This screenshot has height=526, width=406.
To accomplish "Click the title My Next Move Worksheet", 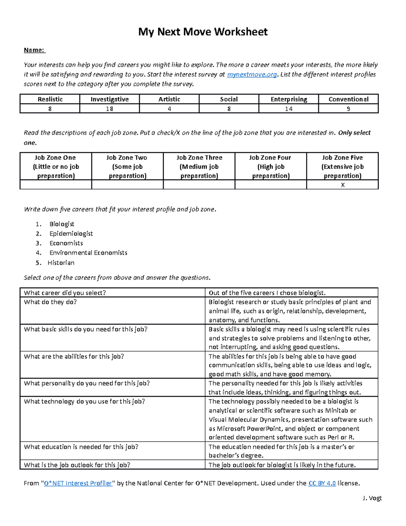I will (x=203, y=32).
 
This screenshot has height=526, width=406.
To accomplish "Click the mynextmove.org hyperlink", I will (x=252, y=75).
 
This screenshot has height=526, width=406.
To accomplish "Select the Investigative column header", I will (x=110, y=99).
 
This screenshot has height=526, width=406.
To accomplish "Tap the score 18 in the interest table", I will (x=109, y=109).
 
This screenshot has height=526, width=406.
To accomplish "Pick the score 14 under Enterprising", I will (x=288, y=109).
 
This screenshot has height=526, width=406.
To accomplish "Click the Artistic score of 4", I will (x=169, y=109).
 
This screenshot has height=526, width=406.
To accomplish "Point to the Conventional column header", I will (x=348, y=99).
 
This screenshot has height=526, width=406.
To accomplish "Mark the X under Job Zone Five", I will (x=343, y=185).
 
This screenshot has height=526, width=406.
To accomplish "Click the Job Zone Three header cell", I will (x=199, y=166).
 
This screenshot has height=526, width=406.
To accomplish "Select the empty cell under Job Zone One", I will (x=56, y=185).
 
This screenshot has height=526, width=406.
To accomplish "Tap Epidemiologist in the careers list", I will (x=71, y=234).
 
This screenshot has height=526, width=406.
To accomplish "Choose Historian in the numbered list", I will (x=61, y=263).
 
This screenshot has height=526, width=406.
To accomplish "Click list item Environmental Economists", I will (x=88, y=253).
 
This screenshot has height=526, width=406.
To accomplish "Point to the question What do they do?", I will (x=50, y=302).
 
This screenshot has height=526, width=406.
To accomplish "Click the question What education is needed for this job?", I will (x=81, y=447).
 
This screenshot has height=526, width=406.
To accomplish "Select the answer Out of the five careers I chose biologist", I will (x=267, y=293).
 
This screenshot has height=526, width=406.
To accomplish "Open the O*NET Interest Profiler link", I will (x=78, y=483).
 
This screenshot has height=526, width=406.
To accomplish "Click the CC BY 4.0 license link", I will (x=322, y=483).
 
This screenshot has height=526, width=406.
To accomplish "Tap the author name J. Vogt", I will (x=372, y=498).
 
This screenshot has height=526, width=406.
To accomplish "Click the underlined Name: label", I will (x=34, y=50).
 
